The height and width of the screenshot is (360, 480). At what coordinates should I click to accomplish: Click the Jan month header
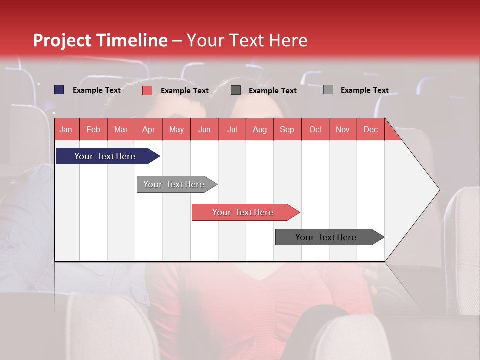66,129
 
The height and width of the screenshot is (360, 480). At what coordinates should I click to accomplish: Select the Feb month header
93,129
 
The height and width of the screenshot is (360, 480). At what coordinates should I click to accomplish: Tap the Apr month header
148,129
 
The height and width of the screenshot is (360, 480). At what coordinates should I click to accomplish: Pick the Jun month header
204,129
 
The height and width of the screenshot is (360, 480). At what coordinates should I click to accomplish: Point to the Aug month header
259,129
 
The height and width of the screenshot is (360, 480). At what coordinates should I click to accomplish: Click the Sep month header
287,129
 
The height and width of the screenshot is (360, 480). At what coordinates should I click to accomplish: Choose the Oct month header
315,129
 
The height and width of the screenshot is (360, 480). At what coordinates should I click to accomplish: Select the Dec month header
370,129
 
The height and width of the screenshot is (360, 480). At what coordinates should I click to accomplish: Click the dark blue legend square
59,90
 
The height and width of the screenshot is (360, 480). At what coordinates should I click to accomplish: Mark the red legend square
147,90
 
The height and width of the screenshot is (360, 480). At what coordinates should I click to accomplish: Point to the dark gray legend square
236,90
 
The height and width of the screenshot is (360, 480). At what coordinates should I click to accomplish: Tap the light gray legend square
328,90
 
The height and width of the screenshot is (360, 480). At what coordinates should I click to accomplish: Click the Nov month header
343,129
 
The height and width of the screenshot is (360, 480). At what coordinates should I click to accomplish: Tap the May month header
176,129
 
